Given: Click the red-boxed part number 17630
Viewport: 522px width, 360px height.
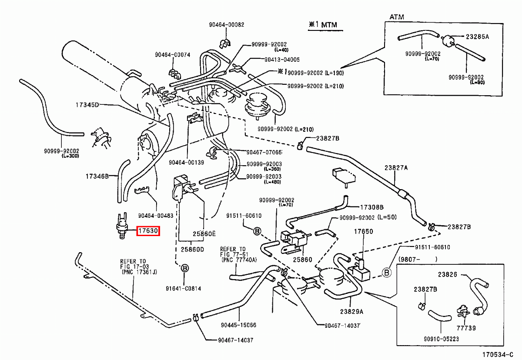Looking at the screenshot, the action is click(x=148, y=231).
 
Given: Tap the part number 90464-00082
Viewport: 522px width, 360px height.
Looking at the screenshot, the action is click(x=226, y=25).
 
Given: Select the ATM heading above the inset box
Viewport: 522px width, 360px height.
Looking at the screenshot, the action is click(x=397, y=17).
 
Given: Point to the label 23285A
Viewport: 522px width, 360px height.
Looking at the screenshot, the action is click(x=477, y=37).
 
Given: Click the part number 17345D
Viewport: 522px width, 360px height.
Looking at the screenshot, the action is click(x=87, y=105).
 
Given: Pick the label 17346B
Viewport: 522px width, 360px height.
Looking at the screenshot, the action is click(x=97, y=176).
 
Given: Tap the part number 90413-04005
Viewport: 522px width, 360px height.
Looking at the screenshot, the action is click(x=282, y=60).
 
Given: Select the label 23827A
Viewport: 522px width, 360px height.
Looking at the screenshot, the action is click(x=396, y=168).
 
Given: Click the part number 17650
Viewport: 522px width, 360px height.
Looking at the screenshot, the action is click(x=364, y=231).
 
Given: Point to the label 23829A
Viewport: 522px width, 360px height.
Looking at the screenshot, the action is click(x=351, y=312).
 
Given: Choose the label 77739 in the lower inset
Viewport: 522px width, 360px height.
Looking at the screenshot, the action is click(x=466, y=328).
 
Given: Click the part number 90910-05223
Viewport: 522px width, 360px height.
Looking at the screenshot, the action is click(x=442, y=339).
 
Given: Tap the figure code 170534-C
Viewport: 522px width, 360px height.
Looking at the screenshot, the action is click(x=498, y=355).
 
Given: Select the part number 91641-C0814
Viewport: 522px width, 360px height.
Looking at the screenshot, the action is click(x=183, y=289).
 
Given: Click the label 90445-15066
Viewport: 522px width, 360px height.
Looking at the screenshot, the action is click(x=238, y=325).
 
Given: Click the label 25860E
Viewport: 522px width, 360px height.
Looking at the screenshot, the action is click(x=204, y=234).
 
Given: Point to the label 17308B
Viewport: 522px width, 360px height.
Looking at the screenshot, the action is click(x=371, y=207).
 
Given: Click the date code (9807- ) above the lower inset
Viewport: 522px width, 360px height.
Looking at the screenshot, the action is click(x=418, y=259).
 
